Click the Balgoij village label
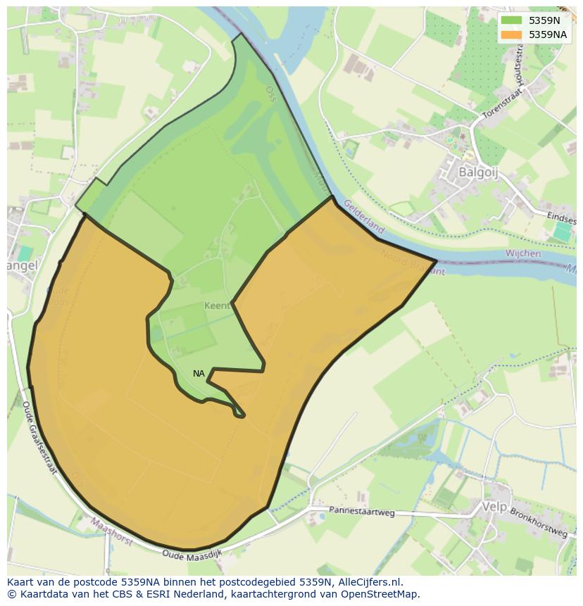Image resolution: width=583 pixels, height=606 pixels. tap(478, 172)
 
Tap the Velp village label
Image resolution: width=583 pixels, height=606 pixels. tap(494, 507)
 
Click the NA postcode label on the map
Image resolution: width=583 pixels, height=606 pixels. tap(199, 374)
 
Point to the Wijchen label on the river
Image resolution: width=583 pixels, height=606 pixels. tap(523, 253)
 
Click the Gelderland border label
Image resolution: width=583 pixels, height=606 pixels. tap(364, 217)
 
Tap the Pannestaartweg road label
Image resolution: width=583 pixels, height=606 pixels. tap(362, 512)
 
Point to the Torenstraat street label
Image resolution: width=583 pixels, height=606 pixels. tap(504, 104)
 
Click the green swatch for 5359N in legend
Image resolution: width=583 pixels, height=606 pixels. tap(512, 20)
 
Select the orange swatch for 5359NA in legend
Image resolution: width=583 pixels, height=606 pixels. tap(512, 34)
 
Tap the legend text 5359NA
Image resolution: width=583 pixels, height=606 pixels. tap(548, 34)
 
